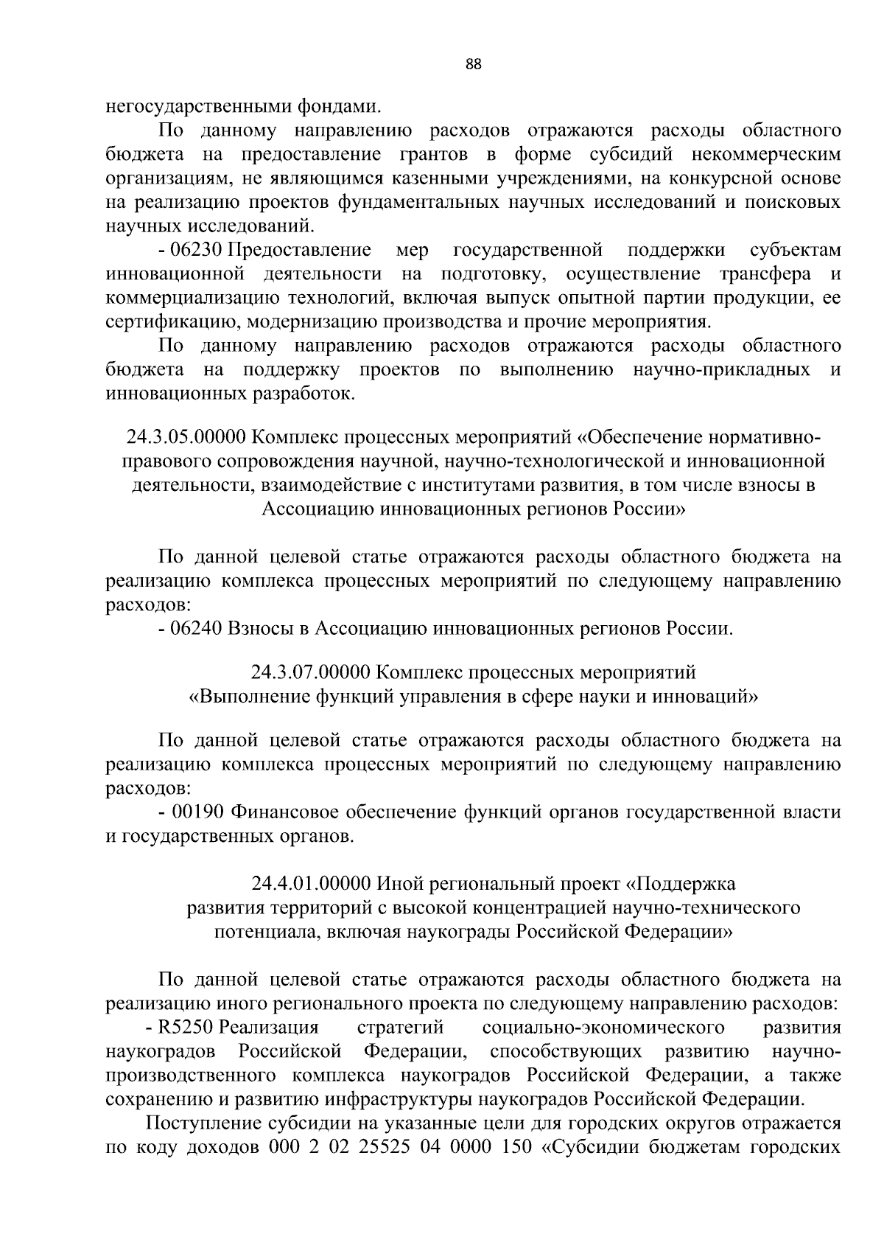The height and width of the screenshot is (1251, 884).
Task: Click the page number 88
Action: point(474,64)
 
